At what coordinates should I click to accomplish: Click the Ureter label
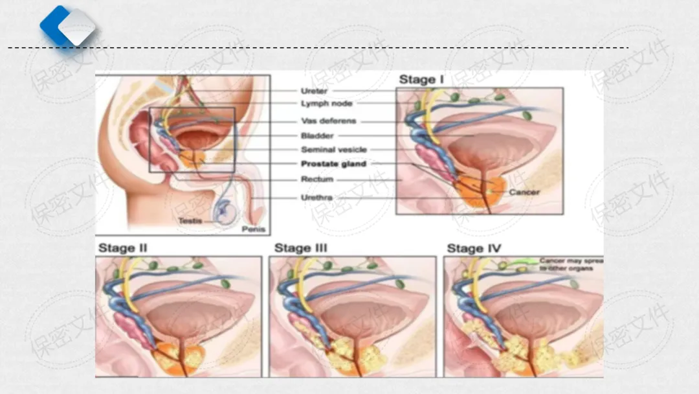point(315,91)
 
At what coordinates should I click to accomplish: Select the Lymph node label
point(327,104)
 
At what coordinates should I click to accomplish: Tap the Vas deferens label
point(328,121)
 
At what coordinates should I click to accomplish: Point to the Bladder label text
point(317,136)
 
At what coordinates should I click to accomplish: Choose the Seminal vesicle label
point(333,150)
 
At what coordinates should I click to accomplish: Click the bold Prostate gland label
point(333,164)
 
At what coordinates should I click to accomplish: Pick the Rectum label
point(317,180)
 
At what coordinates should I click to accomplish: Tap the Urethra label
point(317,197)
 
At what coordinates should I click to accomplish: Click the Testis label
point(190,221)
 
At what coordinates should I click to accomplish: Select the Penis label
point(252,229)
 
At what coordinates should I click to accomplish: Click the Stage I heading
point(421,80)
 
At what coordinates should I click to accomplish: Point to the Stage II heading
point(123,248)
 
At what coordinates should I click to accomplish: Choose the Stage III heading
point(301,248)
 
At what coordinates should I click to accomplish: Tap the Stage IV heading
point(474,248)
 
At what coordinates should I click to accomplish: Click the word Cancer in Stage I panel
point(524,192)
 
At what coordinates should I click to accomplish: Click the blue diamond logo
point(68,27)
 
